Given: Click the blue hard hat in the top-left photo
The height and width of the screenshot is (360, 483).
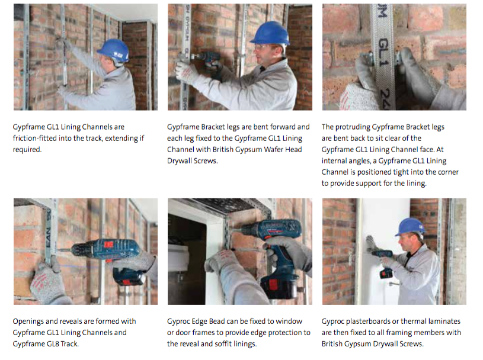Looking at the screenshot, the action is pos(113,51).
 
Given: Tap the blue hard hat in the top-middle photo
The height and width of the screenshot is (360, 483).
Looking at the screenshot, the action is pos(270,33).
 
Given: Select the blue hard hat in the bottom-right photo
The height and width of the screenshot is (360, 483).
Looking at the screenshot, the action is pos(410,226).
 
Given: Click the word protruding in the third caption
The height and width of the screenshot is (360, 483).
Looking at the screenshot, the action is pos(353,127).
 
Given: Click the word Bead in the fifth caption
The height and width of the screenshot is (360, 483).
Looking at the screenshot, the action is pos(216,322).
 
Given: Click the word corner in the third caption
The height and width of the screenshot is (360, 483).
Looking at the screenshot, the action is pos(448,172).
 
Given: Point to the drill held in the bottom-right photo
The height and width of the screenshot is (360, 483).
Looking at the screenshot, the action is pos(383,262).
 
